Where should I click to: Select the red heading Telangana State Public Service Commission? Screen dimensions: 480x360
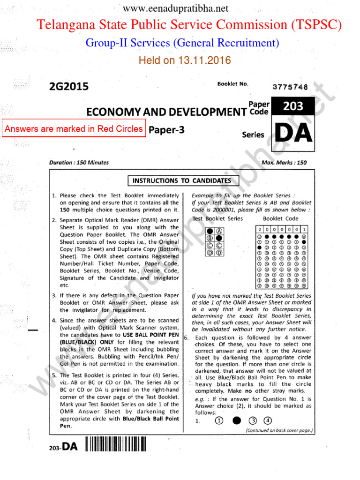pyautogui.click(x=189, y=25)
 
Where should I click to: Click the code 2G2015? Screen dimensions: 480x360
pyautogui.click(x=68, y=87)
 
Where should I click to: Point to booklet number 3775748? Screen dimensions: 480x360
pyautogui.click(x=290, y=87)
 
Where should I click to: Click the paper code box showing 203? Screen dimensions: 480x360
pyautogui.click(x=293, y=106)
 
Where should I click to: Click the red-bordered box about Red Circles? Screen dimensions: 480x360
pyautogui.click(x=73, y=129)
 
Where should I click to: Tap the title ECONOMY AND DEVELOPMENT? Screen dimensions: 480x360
pyautogui.click(x=166, y=112)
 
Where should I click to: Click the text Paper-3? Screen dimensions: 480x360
pyautogui.click(x=166, y=131)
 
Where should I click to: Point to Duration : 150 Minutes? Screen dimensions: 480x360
pyautogui.click(x=79, y=163)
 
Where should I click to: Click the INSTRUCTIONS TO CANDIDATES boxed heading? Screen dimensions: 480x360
pyautogui.click(x=183, y=180)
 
